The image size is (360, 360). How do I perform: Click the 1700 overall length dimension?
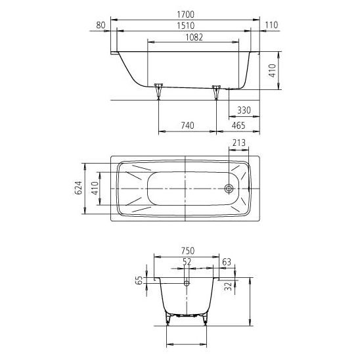pos(185,14)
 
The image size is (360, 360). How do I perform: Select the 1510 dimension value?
pos(185,26)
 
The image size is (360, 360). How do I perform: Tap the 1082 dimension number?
pos(194,37)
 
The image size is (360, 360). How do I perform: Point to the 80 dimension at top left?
pos(101,25)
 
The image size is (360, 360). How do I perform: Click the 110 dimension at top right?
pos(271,25)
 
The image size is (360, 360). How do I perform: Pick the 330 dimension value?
pos(244,110)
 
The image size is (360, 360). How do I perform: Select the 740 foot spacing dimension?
pos(188,125)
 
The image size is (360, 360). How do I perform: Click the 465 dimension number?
pos(238,125)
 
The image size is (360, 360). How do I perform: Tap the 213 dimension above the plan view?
pos(238,143)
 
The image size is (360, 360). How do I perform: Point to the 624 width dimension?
pos(79,188)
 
